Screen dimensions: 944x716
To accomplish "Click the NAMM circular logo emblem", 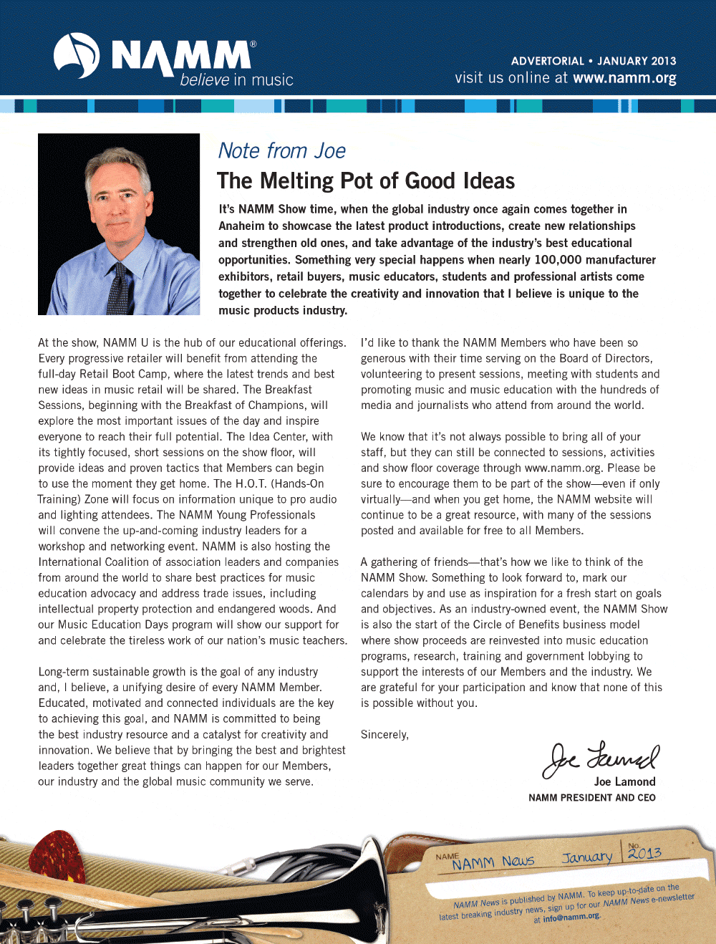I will click(77, 56).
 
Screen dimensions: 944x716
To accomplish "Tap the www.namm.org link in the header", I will click(624, 78).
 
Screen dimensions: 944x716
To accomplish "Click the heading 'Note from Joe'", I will click(281, 151).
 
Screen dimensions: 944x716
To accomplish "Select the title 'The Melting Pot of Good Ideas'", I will click(365, 180).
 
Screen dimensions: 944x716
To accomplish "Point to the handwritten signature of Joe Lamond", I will click(600, 758).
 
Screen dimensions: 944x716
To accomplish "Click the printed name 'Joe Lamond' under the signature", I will click(624, 781).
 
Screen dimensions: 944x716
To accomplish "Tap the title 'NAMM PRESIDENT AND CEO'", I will click(591, 798).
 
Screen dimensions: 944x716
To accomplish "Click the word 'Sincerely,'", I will click(384, 735).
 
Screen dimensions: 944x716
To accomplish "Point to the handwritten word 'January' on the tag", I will click(587, 857).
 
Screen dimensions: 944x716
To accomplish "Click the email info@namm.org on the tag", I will click(571, 917).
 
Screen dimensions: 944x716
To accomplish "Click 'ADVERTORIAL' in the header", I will click(547, 62).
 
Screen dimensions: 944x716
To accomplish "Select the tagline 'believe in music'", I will click(236, 80).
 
